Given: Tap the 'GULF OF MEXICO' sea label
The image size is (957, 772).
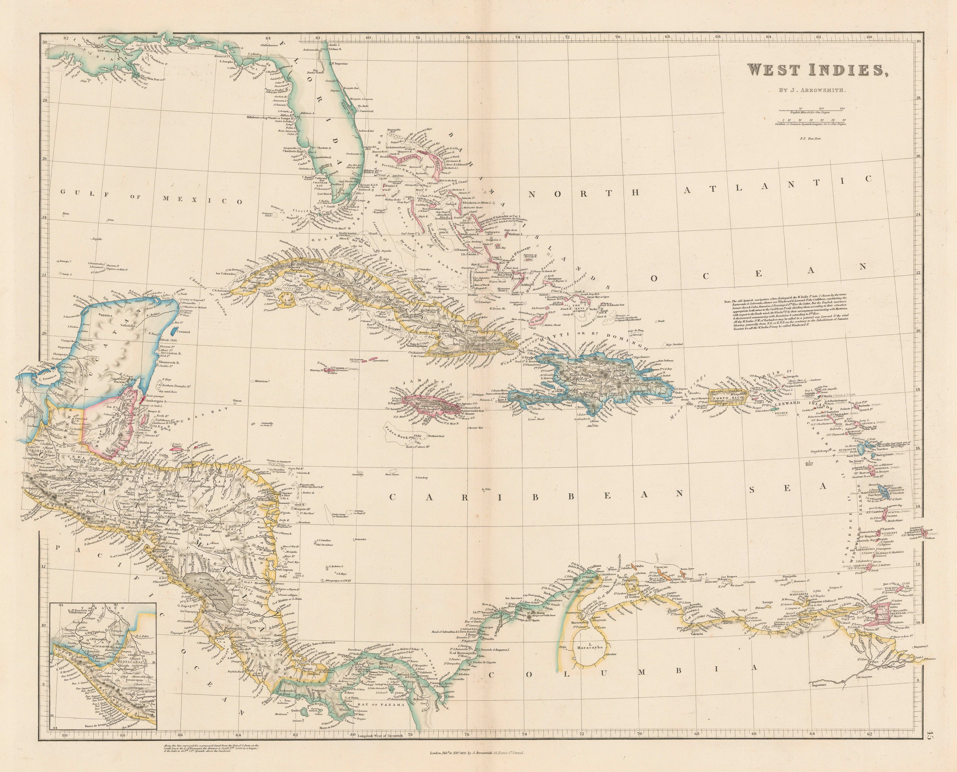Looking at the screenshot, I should (x=151, y=196).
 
